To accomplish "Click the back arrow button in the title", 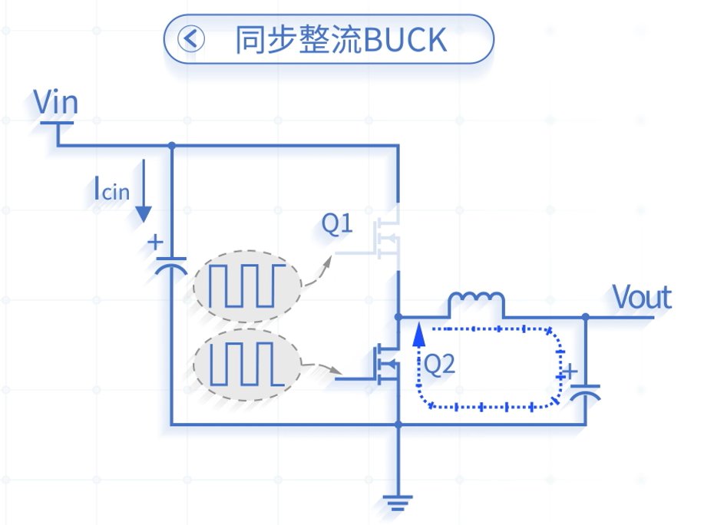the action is point(191,39).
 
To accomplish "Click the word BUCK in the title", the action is point(405,40).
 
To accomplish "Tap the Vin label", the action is point(56,102).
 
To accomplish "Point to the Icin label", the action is point(111,189).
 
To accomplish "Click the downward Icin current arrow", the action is point(144,191).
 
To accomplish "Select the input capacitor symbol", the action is point(170,266).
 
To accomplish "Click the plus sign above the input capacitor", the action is point(155,243).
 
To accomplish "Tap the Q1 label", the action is point(337,223).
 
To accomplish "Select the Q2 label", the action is point(439,364).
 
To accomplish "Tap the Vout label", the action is point(642,297).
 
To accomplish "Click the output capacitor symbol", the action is point(585,392).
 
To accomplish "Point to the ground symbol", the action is point(398,502).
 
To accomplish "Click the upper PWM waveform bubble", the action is point(247,286).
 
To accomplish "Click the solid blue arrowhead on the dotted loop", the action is point(419,335).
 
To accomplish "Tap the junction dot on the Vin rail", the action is point(172,145).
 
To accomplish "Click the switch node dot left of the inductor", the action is point(398,317).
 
